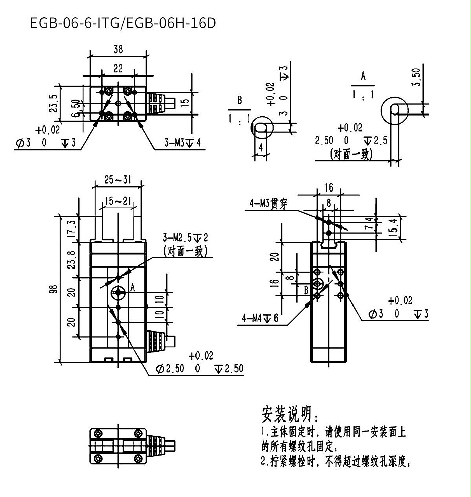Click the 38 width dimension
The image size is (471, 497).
pyautogui.click(x=117, y=49)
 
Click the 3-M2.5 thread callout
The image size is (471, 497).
pyautogui.click(x=182, y=237)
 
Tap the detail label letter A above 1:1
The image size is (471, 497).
pyautogui.click(x=363, y=77)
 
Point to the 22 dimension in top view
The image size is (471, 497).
pyautogui.click(x=117, y=68)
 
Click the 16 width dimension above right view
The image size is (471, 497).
pyautogui.click(x=329, y=188)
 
